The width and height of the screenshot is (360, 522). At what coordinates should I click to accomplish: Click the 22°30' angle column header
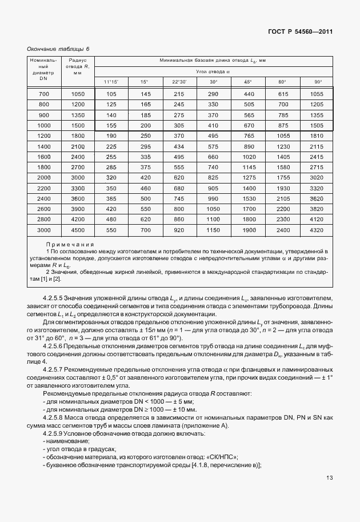[179, 82]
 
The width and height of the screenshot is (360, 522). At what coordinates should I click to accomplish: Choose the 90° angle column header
[318, 82]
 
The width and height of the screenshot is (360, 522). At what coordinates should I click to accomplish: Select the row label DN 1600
[44, 156]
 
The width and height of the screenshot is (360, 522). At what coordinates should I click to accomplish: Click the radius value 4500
[77, 229]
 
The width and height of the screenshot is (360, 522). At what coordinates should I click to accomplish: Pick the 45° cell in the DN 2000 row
[249, 177]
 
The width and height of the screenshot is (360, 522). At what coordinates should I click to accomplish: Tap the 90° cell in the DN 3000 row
[316, 229]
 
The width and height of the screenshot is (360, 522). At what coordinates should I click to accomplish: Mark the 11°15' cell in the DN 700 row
[111, 94]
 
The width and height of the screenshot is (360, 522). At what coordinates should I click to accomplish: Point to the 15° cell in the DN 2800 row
[145, 219]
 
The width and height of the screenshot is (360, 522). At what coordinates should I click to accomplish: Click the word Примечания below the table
[69, 244]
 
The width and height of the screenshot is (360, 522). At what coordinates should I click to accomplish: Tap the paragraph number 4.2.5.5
[53, 298]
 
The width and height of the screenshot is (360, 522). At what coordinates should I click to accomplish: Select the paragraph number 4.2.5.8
[53, 417]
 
